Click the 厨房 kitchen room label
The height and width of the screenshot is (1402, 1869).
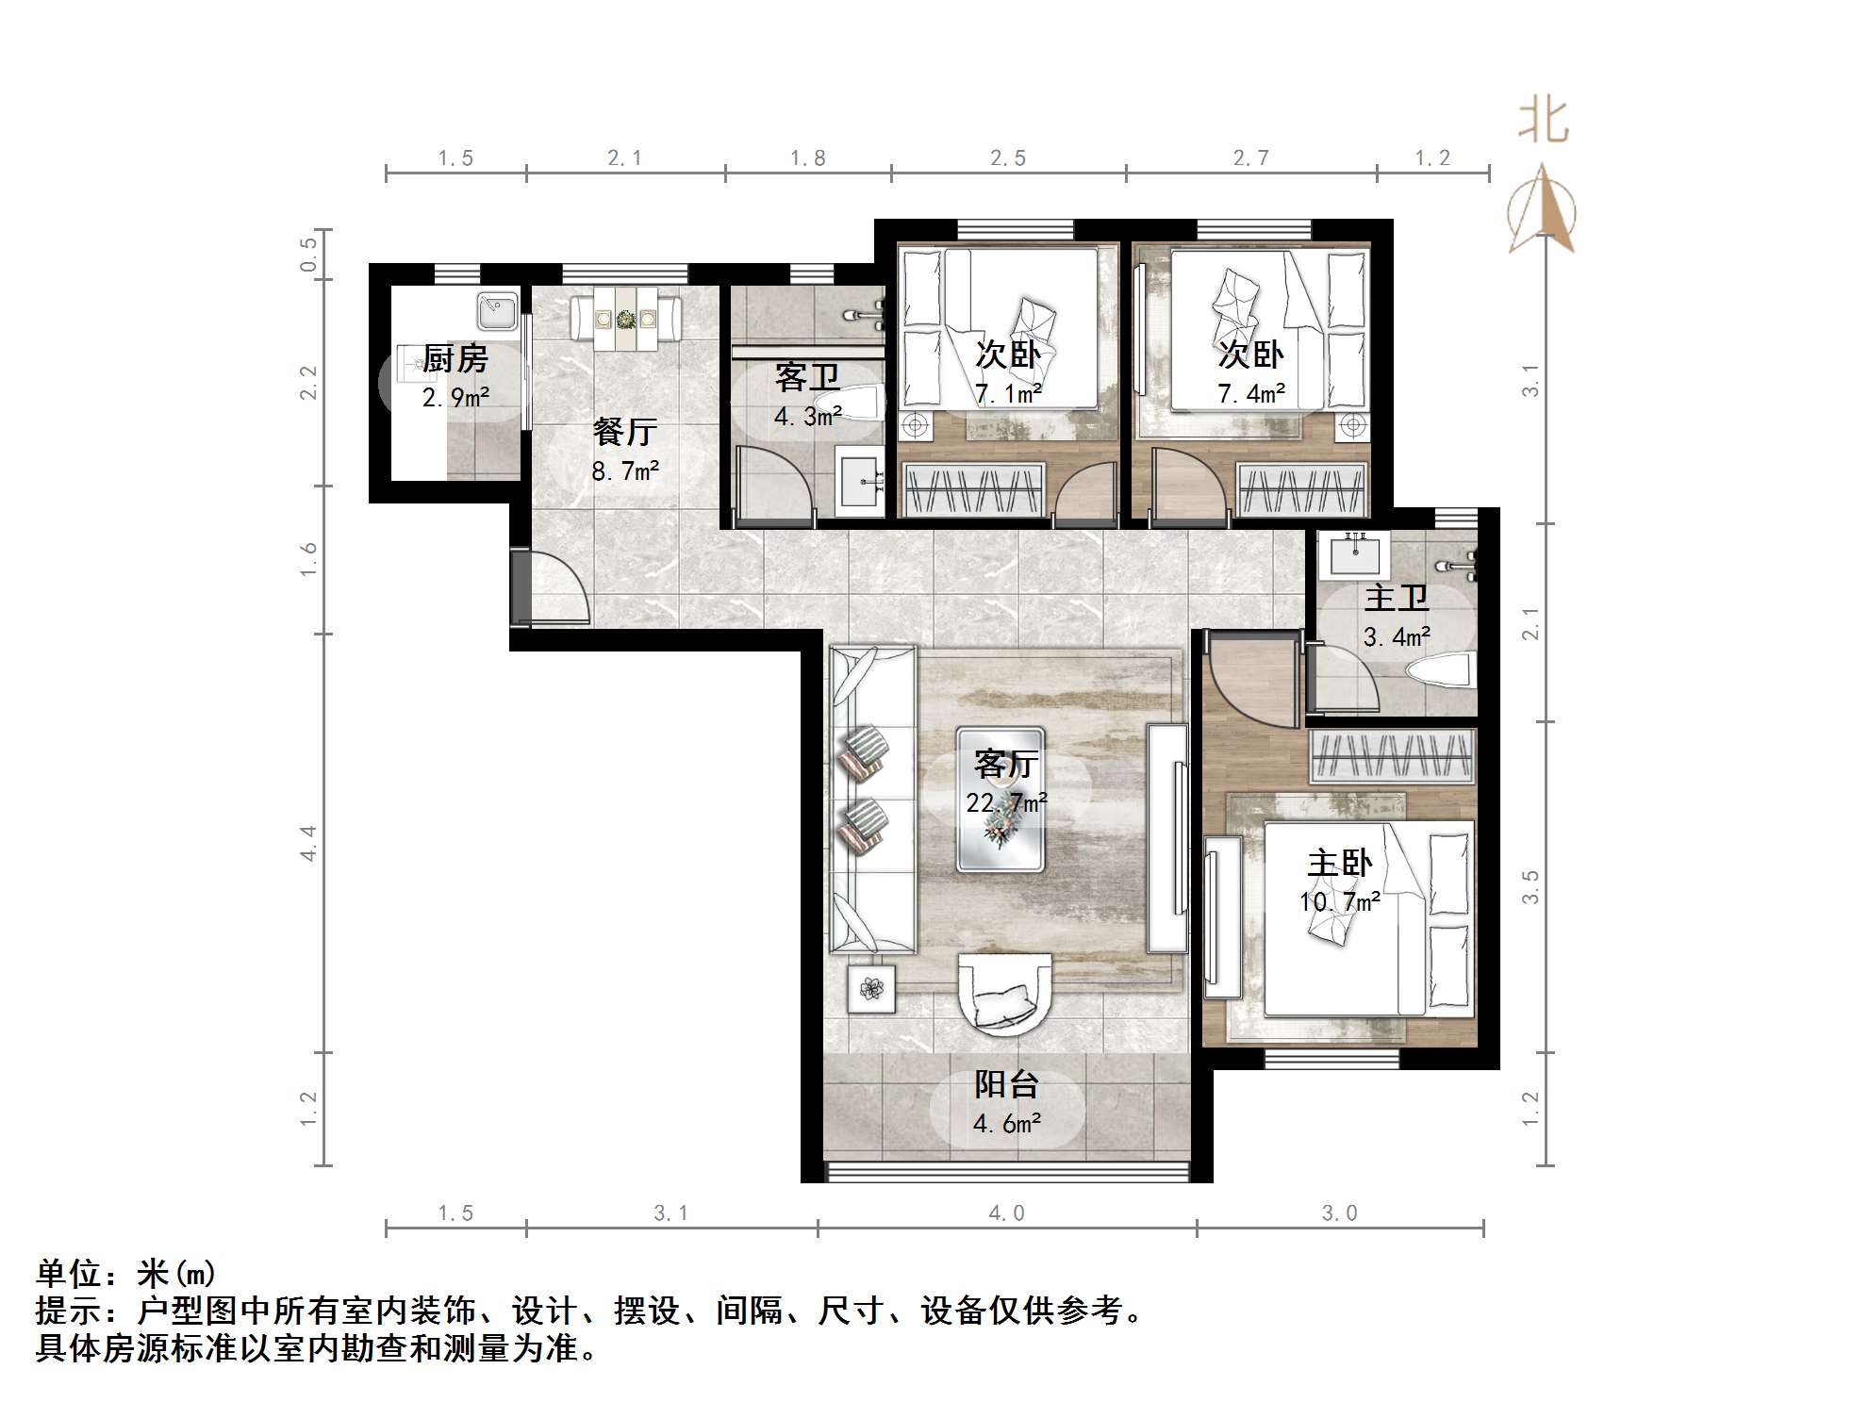click(x=455, y=358)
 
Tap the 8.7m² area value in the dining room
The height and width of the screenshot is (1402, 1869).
click(x=624, y=470)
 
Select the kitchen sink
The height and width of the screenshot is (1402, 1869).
click(x=497, y=310)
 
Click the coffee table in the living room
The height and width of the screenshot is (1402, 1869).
click(x=1000, y=798)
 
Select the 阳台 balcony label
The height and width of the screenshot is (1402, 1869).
click(x=1006, y=1084)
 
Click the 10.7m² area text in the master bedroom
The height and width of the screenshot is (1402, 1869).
click(x=1339, y=902)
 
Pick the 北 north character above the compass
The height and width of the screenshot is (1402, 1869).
click(x=1543, y=122)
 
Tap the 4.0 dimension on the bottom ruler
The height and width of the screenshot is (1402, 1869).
click(x=1006, y=1213)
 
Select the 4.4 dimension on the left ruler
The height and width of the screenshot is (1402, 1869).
click(x=308, y=842)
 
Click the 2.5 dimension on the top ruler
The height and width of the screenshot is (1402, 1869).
click(x=1007, y=158)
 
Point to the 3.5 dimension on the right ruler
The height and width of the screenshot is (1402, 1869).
click(x=1530, y=886)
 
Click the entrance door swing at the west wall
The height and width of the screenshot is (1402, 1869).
click(x=556, y=589)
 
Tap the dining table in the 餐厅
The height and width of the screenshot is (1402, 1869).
click(x=625, y=319)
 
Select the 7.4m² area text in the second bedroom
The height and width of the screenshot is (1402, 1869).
click(x=1250, y=393)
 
